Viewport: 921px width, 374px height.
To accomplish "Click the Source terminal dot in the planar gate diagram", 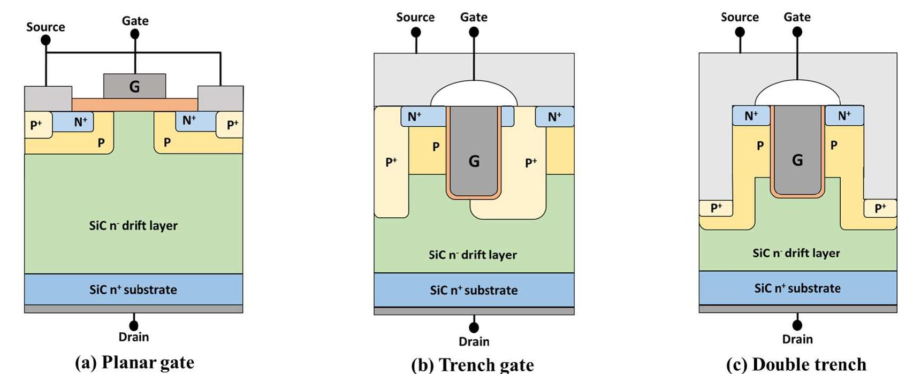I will click(x=45, y=40).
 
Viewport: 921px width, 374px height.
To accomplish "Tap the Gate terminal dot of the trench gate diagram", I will click(x=474, y=32).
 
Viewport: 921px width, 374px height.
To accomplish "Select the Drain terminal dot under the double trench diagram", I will click(x=797, y=324).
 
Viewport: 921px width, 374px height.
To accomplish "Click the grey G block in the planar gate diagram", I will click(x=134, y=86).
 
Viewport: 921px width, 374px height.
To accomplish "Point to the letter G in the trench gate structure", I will click(x=474, y=161).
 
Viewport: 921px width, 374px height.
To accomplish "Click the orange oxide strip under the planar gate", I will click(x=134, y=104).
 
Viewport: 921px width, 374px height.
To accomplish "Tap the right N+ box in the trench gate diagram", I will click(x=554, y=117).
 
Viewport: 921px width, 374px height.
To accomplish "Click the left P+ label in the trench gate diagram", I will click(x=391, y=162).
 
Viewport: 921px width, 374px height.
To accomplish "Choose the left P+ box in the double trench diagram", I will click(x=716, y=208).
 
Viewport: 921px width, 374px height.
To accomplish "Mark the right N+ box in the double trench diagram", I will click(x=844, y=116).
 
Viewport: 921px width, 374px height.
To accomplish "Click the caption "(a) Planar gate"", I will click(x=134, y=362).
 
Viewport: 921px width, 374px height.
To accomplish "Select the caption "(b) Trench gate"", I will click(x=473, y=365).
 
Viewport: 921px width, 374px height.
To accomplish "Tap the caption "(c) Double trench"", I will click(x=796, y=364).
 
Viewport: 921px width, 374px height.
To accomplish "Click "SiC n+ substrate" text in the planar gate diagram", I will click(x=133, y=289).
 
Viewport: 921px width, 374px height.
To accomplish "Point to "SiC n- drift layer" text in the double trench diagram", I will click(x=796, y=253).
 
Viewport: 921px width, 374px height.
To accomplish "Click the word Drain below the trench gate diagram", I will click(x=474, y=341).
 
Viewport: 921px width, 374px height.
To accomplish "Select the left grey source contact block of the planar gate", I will click(x=48, y=98).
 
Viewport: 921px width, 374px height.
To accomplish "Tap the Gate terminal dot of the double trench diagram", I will click(x=797, y=32).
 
